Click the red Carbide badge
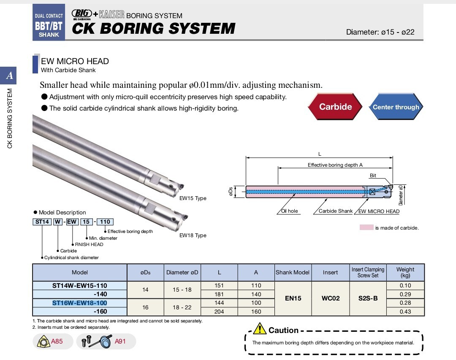pyautogui.click(x=335, y=107)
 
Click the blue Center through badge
pyautogui.click(x=396, y=107)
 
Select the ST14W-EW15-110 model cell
pyautogui.click(x=80, y=285)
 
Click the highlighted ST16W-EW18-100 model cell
pyautogui.click(x=80, y=303)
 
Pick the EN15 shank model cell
pyautogui.click(x=293, y=298)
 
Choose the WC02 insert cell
pyautogui.click(x=330, y=298)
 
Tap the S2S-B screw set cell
pyautogui.click(x=368, y=298)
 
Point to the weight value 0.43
pyautogui.click(x=405, y=311)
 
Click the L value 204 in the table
pyautogui.click(x=219, y=311)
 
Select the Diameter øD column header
pyautogui.click(x=182, y=272)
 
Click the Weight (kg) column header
pyautogui.click(x=405, y=272)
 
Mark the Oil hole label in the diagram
pyautogui.click(x=289, y=211)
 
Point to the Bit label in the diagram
pyautogui.click(x=373, y=176)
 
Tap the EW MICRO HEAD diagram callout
pyautogui.click(x=379, y=211)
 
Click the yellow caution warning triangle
pyautogui.click(x=262, y=329)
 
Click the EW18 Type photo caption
pyautogui.click(x=193, y=235)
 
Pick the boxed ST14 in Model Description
pyautogui.click(x=42, y=222)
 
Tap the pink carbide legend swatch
pyautogui.click(x=366, y=227)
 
